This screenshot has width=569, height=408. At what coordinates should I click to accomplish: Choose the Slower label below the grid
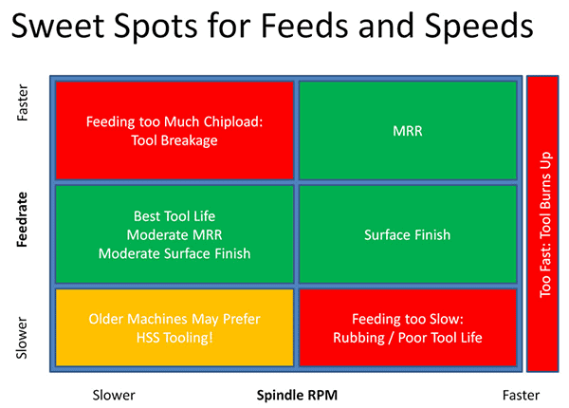[114, 395]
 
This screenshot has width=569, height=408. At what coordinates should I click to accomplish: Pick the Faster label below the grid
[521, 395]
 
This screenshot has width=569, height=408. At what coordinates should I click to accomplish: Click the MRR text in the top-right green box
[407, 131]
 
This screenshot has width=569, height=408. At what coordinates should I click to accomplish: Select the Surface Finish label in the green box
[407, 235]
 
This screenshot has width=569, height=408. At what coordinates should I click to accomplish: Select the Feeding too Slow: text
[407, 320]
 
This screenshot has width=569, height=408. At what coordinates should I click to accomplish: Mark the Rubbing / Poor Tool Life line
[407, 339]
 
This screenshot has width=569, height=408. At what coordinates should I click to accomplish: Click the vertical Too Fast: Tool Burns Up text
[544, 225]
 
